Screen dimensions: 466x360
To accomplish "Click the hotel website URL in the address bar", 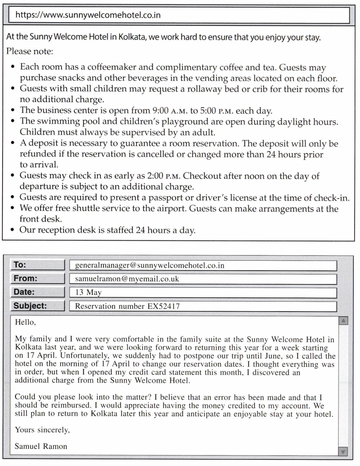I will click(x=88, y=15).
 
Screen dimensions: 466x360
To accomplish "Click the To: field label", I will click(x=20, y=265).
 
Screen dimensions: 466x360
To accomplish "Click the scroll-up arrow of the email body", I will click(x=343, y=321).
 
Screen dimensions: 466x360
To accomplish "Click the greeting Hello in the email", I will click(x=24, y=322).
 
